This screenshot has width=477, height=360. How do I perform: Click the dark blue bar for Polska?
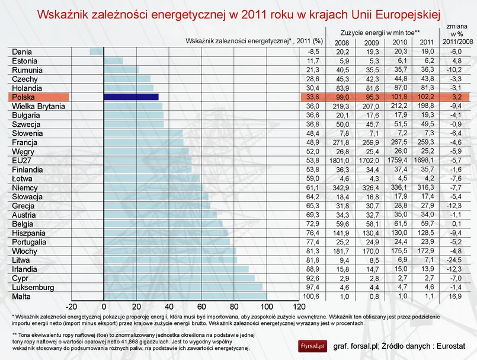click(x=131, y=97)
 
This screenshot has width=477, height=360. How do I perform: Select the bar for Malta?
click(x=185, y=296)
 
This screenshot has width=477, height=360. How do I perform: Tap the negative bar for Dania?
click(x=97, y=52)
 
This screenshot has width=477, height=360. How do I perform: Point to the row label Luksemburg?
click(x=33, y=287)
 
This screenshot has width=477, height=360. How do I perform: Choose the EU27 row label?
click(x=23, y=160)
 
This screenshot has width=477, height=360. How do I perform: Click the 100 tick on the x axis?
click(x=267, y=307)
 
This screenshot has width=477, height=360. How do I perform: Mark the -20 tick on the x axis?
click(x=71, y=307)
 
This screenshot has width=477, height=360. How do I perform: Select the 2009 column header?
click(x=372, y=42)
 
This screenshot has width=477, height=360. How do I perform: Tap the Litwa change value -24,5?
click(x=453, y=260)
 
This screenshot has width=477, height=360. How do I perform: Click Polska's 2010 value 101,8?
click(x=401, y=97)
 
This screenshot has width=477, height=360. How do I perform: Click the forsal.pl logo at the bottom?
click(x=312, y=345)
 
